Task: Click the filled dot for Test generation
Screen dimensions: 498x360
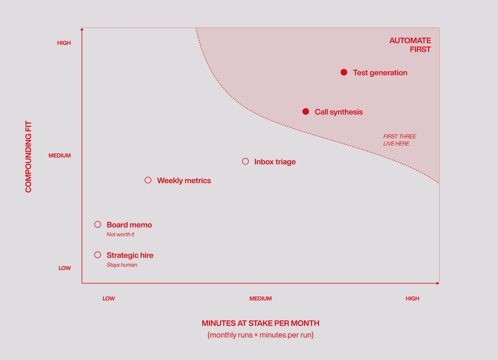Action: point(344,72)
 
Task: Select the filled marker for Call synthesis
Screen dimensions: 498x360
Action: point(306,112)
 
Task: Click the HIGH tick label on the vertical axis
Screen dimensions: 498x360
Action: point(64,43)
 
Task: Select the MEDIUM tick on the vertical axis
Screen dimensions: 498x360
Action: point(60,156)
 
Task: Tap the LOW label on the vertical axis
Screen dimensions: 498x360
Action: point(65,268)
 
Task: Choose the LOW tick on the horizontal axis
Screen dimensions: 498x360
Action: point(108,299)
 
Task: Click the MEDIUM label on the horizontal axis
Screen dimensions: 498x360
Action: point(261,299)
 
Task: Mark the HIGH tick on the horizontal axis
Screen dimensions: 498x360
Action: point(413,299)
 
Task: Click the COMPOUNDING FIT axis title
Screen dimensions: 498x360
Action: point(28,157)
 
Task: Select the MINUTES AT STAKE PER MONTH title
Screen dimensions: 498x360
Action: point(261,324)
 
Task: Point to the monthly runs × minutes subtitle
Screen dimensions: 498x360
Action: point(261,335)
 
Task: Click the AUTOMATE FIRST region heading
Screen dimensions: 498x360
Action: point(410,45)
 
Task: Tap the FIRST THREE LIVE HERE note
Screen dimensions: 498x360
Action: point(400,140)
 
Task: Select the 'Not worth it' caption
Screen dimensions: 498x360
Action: point(120,234)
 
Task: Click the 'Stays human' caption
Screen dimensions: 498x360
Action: point(122,265)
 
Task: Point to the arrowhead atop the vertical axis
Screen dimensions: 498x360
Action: point(82,29)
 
